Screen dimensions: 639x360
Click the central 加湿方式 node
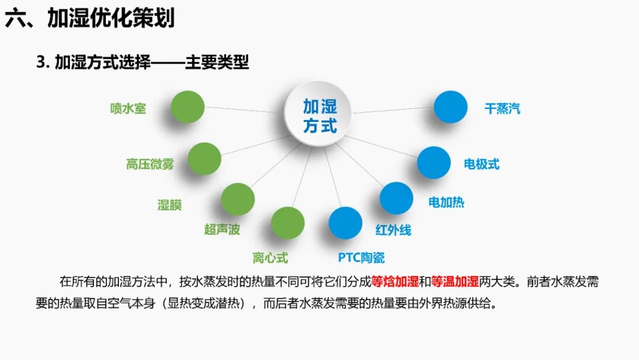point(319,115)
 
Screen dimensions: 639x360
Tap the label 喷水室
point(128,108)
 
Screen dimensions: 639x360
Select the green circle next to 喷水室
point(188,107)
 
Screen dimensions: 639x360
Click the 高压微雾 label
point(150,164)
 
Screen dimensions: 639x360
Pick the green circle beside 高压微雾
point(204,159)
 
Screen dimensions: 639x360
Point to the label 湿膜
point(169,205)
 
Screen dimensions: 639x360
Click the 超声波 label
point(222,229)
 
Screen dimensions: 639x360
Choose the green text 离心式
point(270,258)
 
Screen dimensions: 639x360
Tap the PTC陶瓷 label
point(361,258)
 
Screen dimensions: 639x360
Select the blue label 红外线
point(393,230)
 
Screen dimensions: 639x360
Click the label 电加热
point(446,202)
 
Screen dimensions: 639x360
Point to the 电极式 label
point(482,164)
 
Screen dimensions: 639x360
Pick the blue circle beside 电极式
point(434,162)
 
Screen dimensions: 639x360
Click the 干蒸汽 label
point(502,109)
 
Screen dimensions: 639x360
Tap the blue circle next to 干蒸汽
point(451,107)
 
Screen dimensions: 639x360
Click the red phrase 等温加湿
point(454,281)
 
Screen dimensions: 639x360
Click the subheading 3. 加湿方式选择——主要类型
point(143,62)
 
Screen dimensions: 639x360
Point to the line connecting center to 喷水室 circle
point(245,110)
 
